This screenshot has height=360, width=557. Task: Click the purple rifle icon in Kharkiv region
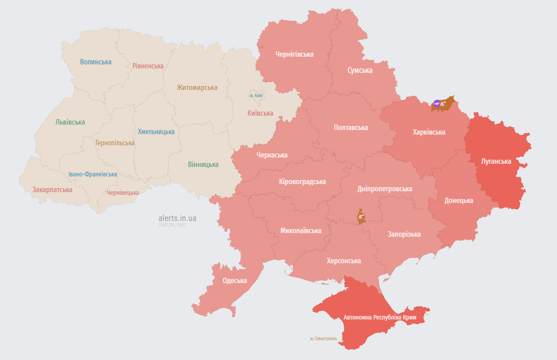pyautogui.click(x=436, y=103)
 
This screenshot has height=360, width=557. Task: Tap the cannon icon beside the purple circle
pyautogui.click(x=443, y=104)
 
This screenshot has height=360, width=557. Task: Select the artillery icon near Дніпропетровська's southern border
pyautogui.click(x=361, y=217)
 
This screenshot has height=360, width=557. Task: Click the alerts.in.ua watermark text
pyautogui.click(x=177, y=218)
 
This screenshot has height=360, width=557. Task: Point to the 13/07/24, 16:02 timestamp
pyautogui.click(x=172, y=225)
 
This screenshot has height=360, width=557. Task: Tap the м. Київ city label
pyautogui.click(x=256, y=95)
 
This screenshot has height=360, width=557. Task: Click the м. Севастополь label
pyautogui.click(x=323, y=338)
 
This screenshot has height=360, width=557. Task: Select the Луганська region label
pyautogui.click(x=496, y=161)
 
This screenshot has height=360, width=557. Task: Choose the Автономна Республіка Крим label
pyautogui.click(x=380, y=317)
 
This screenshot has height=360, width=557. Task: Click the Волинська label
pyautogui.click(x=96, y=62)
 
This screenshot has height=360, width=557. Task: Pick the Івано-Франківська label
pyautogui.click(x=93, y=174)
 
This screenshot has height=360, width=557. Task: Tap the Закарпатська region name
pyautogui.click(x=52, y=189)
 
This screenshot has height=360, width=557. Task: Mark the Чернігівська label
pyautogui.click(x=294, y=54)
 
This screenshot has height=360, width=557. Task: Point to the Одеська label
pyautogui.click(x=234, y=280)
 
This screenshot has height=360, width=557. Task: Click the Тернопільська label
pyautogui.click(x=115, y=143)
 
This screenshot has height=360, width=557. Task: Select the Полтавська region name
pyautogui.click(x=350, y=127)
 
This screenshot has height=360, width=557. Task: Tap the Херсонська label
pyautogui.click(x=344, y=261)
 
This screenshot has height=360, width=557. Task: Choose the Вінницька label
pyautogui.click(x=203, y=164)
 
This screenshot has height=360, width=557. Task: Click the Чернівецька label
pyautogui.click(x=123, y=193)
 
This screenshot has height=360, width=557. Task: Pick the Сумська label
pyautogui.click(x=359, y=70)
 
